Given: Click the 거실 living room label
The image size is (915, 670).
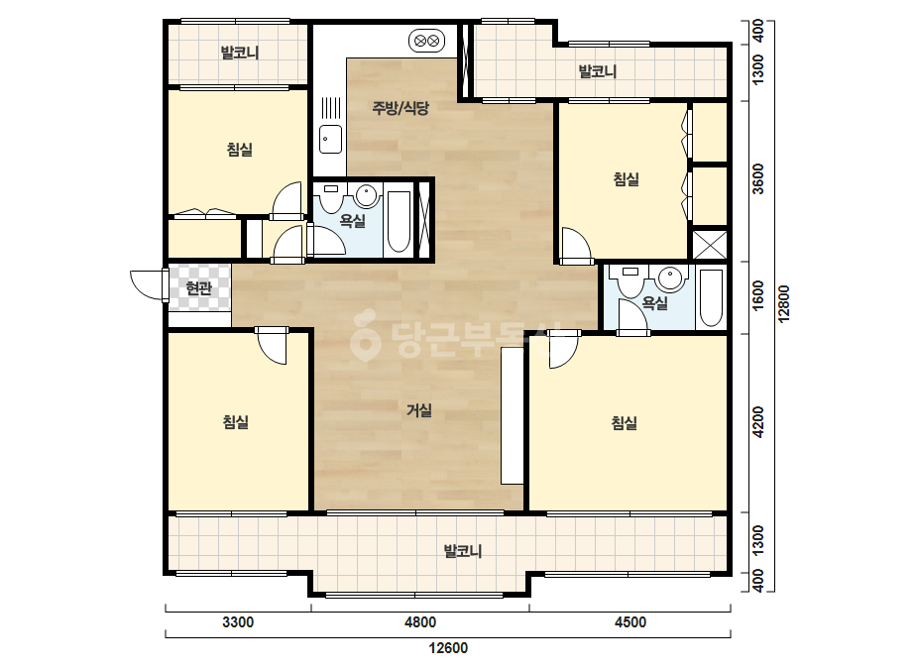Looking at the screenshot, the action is click(x=419, y=410).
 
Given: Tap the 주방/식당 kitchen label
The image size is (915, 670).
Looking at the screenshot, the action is click(x=400, y=107).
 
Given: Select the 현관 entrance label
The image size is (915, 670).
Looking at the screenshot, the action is click(x=199, y=287).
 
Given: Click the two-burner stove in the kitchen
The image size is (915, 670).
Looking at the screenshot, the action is click(x=426, y=41).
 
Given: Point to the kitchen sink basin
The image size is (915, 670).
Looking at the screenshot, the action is click(x=331, y=139).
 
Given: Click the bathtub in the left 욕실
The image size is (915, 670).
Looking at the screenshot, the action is click(x=399, y=222).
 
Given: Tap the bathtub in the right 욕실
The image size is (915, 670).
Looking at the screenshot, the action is click(x=712, y=297).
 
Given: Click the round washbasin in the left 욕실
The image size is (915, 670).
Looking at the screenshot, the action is click(x=367, y=196).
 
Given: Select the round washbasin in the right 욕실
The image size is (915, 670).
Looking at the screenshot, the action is click(x=669, y=279).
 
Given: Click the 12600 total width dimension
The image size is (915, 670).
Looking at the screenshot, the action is click(x=448, y=648).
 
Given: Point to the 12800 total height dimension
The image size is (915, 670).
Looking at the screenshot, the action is click(x=784, y=303).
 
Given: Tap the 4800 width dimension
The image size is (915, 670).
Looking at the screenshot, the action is click(x=420, y=622).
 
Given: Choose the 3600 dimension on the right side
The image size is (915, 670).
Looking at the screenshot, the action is click(x=757, y=178).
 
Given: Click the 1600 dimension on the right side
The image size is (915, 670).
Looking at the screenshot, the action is click(x=757, y=296).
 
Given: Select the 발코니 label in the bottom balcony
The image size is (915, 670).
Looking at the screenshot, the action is click(x=463, y=551).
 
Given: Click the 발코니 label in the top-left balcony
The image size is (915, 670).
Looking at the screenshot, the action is click(x=240, y=54).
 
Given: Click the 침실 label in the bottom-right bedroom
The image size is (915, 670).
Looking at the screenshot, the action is click(x=625, y=422).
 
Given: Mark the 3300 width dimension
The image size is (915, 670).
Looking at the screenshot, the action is click(x=238, y=622).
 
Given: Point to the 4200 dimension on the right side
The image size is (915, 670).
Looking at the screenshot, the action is click(x=757, y=422).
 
